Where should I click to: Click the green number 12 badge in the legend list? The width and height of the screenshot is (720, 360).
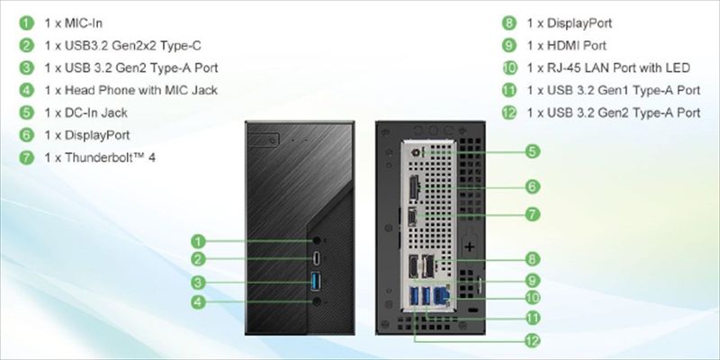[x=509, y=112]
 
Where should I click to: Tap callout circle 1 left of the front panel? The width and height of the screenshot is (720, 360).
[x=199, y=240]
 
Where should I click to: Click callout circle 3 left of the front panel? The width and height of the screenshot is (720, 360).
[x=199, y=283]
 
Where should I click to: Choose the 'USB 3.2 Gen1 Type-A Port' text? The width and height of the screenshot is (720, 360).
[x=613, y=90]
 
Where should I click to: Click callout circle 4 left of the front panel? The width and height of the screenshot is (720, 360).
[x=199, y=303]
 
